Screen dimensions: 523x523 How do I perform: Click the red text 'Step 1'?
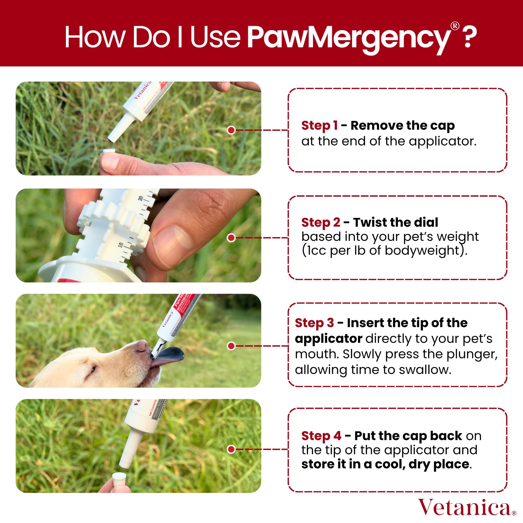[320, 126]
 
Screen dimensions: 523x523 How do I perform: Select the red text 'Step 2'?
[321, 223]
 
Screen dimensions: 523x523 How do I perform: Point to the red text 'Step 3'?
[314, 323]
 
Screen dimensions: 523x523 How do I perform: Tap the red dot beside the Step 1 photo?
[231, 130]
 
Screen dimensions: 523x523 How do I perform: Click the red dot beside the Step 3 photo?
[231, 346]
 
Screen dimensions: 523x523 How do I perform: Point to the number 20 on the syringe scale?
[140, 198]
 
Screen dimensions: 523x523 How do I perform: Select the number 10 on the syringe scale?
[121, 245]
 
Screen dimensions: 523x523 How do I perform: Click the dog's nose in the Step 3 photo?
[142, 346]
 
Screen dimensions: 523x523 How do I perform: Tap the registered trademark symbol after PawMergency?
[455, 26]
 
